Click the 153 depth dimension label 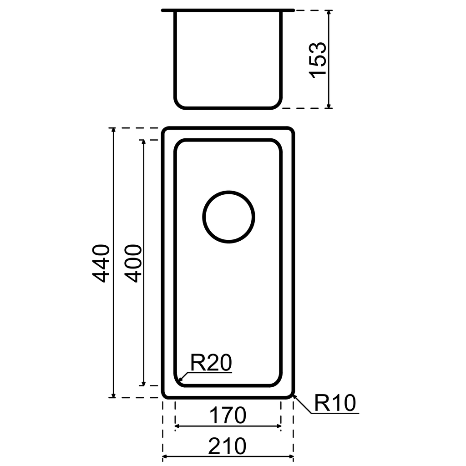click(x=318, y=60)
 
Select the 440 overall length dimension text click(x=101, y=263)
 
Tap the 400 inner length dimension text click(x=133, y=263)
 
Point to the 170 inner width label click(x=228, y=415)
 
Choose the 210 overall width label click(x=228, y=447)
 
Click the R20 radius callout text click(x=211, y=363)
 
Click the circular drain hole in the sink click(x=228, y=217)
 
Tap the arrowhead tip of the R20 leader click(x=178, y=381)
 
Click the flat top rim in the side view click(x=228, y=10)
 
